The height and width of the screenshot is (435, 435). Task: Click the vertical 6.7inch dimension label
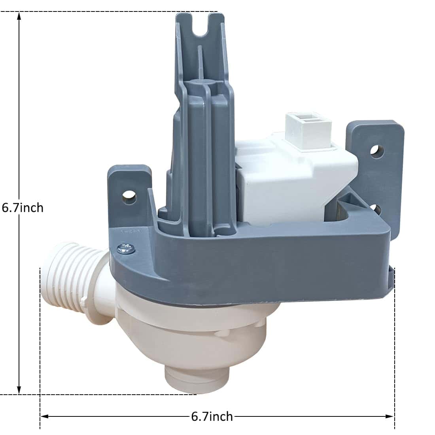23,208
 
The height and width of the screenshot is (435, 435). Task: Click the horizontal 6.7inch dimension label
212,416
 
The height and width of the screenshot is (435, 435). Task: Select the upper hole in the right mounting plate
377,151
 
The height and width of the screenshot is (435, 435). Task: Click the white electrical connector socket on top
308,127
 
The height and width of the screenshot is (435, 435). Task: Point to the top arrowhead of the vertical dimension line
19,16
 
